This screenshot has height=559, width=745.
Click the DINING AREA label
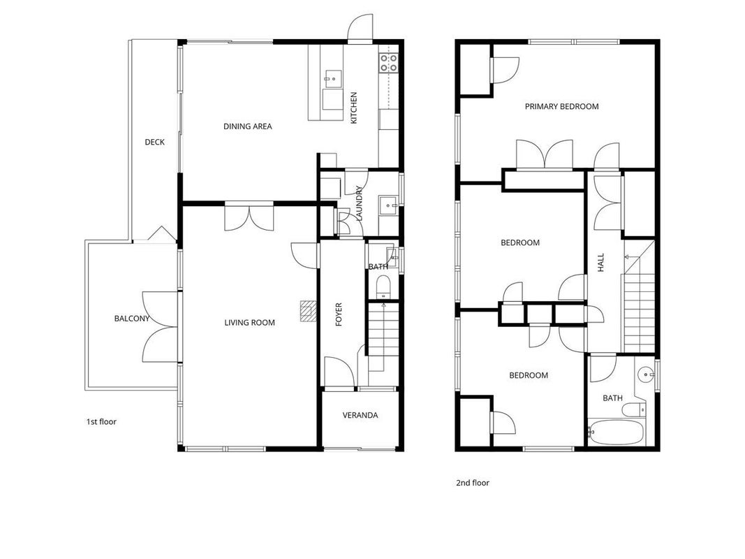[x=248, y=126]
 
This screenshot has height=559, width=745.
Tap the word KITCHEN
[x=353, y=108]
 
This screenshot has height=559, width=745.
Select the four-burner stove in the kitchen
[x=388, y=63]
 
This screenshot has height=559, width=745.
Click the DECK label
[x=155, y=142]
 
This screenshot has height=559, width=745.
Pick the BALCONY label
[x=131, y=319]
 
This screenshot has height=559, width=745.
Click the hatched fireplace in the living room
[x=308, y=312]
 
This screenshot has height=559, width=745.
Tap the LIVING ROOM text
[x=249, y=323]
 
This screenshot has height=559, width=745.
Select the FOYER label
[x=339, y=314]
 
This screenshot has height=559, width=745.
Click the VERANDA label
[x=360, y=416]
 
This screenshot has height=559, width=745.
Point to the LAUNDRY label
[x=359, y=203]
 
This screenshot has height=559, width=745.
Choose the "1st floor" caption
[x=101, y=421]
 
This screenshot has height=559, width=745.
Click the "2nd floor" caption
[x=472, y=483]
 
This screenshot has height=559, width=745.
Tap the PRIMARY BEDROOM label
[x=561, y=106]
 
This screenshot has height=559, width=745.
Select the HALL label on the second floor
[x=600, y=263]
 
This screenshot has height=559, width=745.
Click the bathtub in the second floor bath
[x=616, y=432]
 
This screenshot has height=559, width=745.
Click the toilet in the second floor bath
[x=634, y=409]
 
